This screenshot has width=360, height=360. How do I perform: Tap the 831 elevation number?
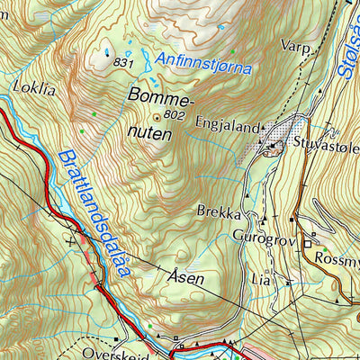click(124, 63)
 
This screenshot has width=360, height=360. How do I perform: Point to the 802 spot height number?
click(176, 116)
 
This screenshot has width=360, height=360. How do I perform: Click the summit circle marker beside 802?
click(159, 116)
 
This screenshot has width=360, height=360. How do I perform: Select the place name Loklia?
click(33, 88)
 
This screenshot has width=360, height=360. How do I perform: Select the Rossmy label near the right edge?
click(337, 257)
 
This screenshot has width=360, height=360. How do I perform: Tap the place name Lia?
click(260, 278)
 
